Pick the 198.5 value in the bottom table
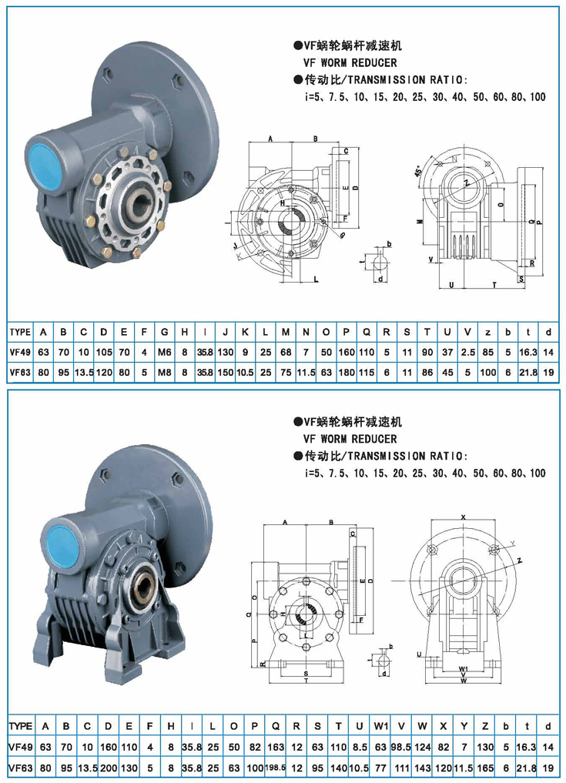point(275,768)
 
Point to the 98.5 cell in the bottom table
point(401,747)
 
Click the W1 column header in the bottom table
point(380,726)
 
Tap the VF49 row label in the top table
point(19,352)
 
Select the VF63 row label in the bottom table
point(19,768)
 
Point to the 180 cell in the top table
point(346,372)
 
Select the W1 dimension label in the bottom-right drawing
point(464,668)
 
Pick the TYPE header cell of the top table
point(19,332)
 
